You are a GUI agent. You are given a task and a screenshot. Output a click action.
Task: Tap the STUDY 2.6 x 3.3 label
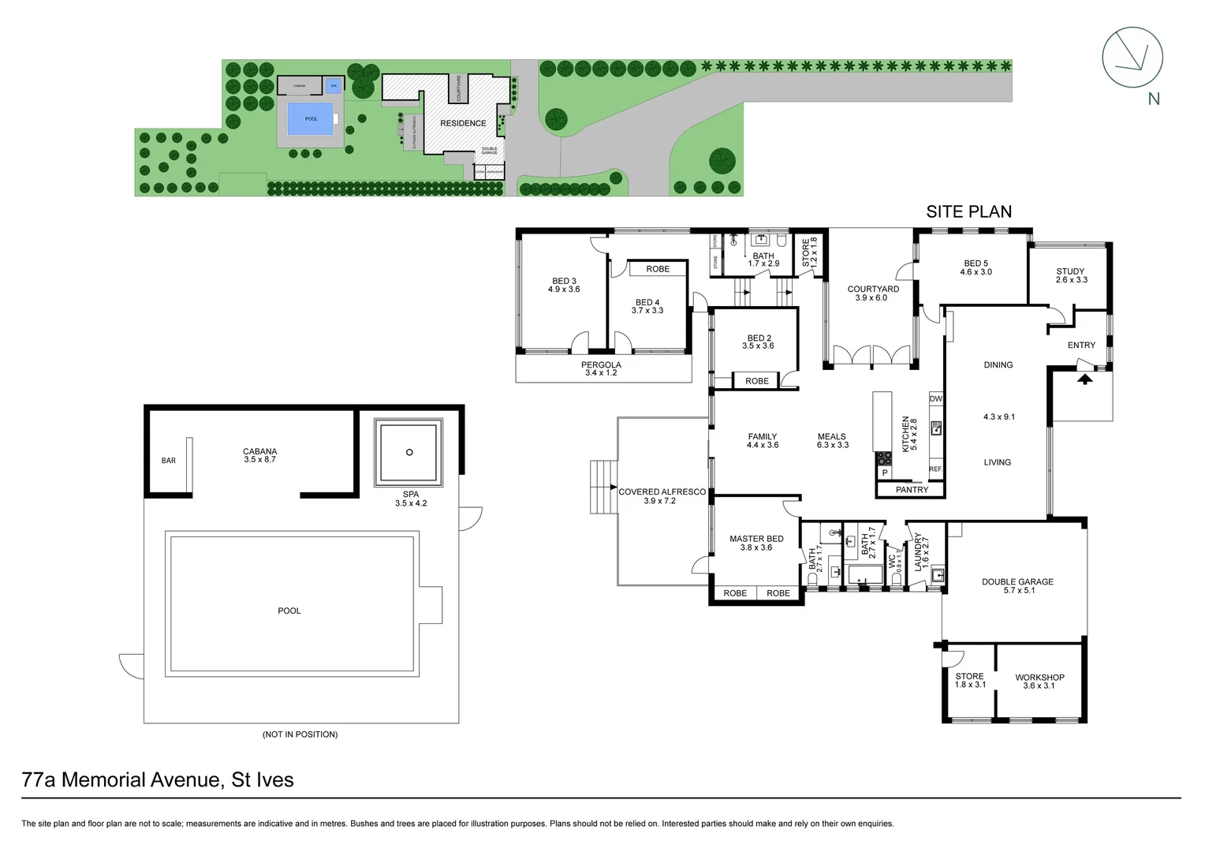(1071, 275)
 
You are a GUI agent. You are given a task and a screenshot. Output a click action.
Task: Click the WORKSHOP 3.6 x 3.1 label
(1039, 681)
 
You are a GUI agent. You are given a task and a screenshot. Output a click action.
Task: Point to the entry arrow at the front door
(1085, 379)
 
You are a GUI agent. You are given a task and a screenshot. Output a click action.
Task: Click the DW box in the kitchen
(935, 398)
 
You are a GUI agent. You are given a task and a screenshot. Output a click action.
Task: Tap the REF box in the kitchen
(935, 469)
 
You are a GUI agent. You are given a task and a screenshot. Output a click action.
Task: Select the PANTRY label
(912, 490)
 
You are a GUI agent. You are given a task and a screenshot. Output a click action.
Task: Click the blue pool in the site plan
(311, 119)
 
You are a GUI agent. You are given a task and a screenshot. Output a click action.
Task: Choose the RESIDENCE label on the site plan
(463, 123)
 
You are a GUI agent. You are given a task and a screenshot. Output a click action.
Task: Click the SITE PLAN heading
(968, 211)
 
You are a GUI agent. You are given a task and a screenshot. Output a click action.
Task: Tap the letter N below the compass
(1154, 99)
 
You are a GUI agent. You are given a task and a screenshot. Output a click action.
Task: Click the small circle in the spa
(409, 452)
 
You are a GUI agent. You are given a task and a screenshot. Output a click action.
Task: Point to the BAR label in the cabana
(169, 461)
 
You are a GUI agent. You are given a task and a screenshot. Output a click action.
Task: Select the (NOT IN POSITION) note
(300, 734)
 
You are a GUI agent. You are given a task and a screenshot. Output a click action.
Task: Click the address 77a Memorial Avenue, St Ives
(158, 779)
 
